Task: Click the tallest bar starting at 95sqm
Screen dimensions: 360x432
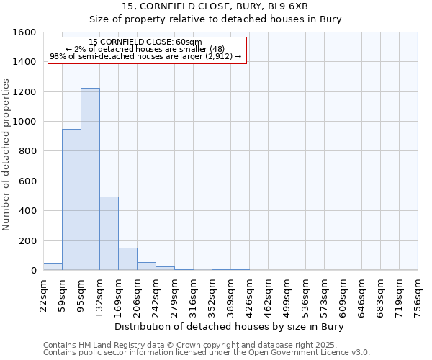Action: [90, 179]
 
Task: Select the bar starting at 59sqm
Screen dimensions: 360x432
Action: [71, 199]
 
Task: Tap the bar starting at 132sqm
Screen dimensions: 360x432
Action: [109, 233]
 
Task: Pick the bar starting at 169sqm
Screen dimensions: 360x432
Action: [127, 259]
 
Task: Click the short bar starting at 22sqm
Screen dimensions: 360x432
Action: [53, 266]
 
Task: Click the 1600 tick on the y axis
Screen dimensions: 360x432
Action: [24, 32]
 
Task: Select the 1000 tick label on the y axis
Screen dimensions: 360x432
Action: [24, 122]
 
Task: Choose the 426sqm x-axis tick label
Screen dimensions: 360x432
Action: [249, 294]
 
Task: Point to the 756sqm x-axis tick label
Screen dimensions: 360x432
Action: [418, 294]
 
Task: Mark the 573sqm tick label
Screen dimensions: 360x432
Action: [324, 294]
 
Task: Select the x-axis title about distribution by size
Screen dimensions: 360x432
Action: [230, 327]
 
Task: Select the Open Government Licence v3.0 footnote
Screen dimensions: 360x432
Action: [207, 353]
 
